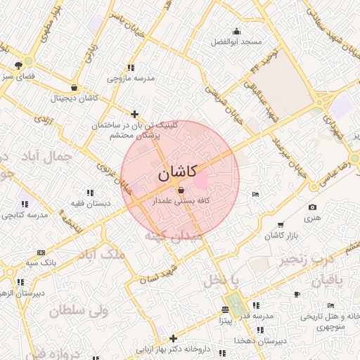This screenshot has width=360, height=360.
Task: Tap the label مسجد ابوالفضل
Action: coord(236,42)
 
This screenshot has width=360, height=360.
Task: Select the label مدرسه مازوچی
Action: coord(131,77)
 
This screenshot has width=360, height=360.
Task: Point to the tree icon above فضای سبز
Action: coord(18,65)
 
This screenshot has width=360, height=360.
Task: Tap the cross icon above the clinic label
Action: coord(135,114)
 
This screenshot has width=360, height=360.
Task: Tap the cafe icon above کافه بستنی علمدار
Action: coord(181,191)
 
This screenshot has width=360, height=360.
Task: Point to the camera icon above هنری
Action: coord(312,207)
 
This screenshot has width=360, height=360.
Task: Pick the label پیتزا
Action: coord(224,320)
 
